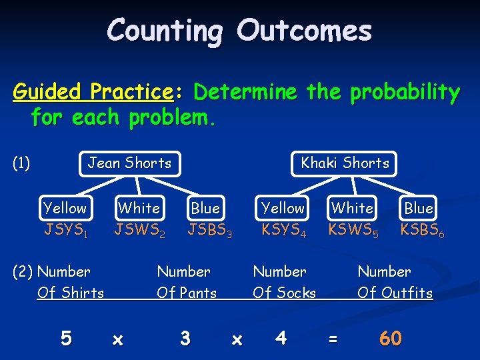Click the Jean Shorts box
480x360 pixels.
[130, 163]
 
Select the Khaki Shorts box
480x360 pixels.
[345, 163]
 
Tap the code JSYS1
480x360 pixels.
[65, 231]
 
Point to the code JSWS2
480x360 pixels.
[139, 231]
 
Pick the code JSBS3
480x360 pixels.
[209, 231]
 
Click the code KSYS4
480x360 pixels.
[283, 231]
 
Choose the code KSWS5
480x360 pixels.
[353, 231]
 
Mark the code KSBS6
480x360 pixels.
[422, 231]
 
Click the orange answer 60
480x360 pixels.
[390, 339]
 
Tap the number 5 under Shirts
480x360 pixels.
[65, 339]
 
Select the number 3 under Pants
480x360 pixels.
[185, 339]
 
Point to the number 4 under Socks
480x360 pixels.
[281, 339]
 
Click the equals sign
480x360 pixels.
[333, 339]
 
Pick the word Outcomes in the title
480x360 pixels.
[304, 31]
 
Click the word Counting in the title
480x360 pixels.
[166, 31]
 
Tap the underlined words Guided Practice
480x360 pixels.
[93, 91]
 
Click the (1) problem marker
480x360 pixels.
[21, 163]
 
